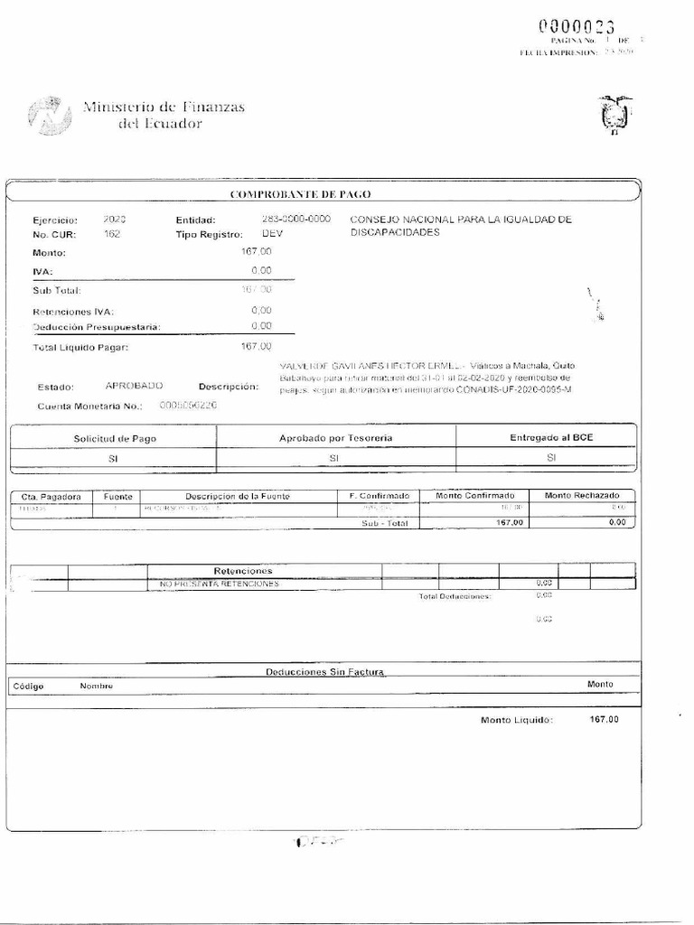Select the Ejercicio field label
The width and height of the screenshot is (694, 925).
click(55, 220)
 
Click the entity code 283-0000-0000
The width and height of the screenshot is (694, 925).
click(295, 220)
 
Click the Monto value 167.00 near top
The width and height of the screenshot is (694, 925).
click(256, 252)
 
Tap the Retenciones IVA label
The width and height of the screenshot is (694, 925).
click(72, 311)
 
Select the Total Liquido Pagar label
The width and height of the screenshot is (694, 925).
click(81, 346)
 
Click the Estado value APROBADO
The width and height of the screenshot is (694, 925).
click(134, 385)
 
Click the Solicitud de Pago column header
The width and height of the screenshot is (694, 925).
click(113, 437)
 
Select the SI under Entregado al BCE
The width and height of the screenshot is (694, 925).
click(550, 458)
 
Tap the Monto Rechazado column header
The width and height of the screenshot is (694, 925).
click(581, 496)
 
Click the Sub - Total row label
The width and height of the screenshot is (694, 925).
click(385, 523)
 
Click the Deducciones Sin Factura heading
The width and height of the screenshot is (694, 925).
click(325, 671)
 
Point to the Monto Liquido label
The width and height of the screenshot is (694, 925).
click(516, 720)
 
